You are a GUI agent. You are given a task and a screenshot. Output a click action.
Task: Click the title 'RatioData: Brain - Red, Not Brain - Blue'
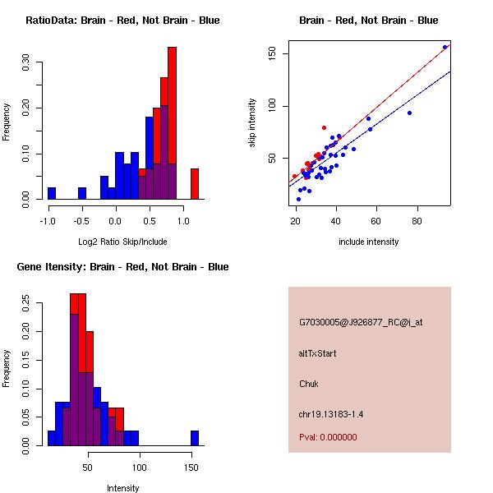[x=122, y=21]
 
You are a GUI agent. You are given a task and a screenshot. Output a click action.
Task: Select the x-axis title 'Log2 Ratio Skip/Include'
[x=122, y=242]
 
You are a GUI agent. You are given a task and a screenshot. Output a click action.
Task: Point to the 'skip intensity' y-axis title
[x=253, y=123]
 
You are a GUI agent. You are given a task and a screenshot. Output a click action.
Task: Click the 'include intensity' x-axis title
[x=368, y=242]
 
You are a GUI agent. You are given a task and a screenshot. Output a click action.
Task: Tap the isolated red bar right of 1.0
[x=195, y=183]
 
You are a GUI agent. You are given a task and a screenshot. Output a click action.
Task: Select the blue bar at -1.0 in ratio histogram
[x=51, y=193]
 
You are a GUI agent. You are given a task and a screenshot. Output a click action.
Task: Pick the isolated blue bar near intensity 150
[x=195, y=438]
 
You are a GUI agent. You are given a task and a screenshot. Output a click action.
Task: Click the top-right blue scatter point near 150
[x=445, y=48]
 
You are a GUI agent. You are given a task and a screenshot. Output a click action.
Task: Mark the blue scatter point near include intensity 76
[x=409, y=113]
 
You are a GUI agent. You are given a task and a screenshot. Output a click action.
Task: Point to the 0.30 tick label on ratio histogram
[x=26, y=62]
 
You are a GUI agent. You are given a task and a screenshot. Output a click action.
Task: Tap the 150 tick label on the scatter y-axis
[x=273, y=54]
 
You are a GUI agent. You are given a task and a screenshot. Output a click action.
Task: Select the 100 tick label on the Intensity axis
[x=140, y=468]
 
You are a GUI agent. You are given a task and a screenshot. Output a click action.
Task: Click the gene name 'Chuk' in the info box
[x=309, y=384]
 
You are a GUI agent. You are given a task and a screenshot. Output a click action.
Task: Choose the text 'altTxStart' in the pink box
[x=317, y=353]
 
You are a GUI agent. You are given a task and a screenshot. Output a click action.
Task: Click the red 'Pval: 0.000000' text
[x=328, y=437]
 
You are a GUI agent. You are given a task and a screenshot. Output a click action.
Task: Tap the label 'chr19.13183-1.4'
[x=330, y=414]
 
